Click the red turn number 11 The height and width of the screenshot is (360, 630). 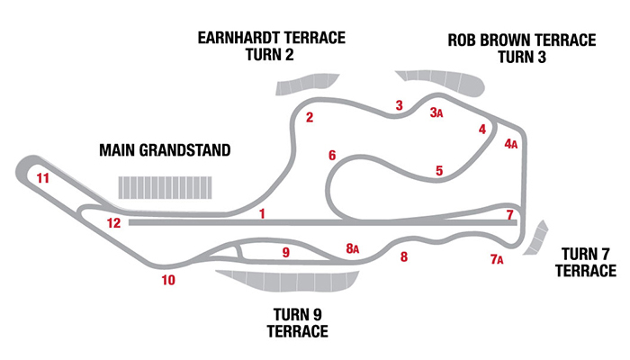click(x=42, y=178)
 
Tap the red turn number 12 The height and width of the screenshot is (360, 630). click(x=113, y=223)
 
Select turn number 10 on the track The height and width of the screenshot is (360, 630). click(x=168, y=280)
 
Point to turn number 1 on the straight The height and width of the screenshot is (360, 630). click(x=262, y=213)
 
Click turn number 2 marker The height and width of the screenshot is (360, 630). click(x=309, y=117)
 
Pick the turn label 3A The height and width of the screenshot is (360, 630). click(x=436, y=112)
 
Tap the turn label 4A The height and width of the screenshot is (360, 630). click(x=510, y=144)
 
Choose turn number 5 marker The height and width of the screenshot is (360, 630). click(x=439, y=170)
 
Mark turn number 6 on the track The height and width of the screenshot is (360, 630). click(x=332, y=156)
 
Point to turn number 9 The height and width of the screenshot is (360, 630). click(x=286, y=253)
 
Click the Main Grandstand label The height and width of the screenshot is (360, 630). click(x=165, y=149)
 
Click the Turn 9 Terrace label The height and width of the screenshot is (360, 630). click(x=297, y=322)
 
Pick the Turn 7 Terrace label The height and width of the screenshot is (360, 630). click(x=586, y=261)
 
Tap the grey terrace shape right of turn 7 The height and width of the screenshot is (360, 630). click(x=540, y=237)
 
